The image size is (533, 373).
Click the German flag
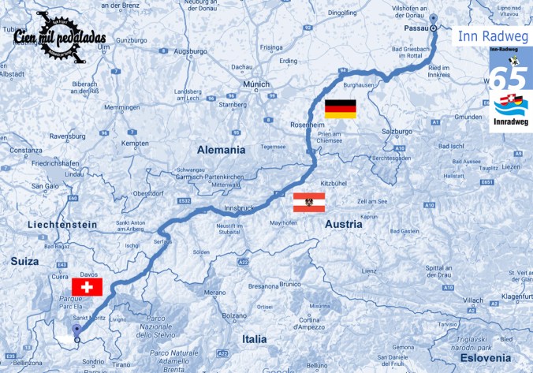(x=340, y=109)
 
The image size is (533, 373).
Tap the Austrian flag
(x=308, y=202)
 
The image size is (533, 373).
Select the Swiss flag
(x=87, y=287)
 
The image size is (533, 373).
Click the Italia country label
(x=254, y=338)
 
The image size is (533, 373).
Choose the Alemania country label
(x=222, y=149)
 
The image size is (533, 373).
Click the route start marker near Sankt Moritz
(x=76, y=340)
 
